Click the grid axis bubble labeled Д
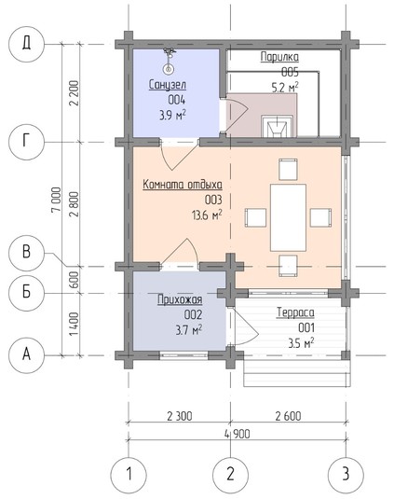26,44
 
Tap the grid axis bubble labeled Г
26,142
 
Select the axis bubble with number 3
346,474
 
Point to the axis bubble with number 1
129,474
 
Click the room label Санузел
168,85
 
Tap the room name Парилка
279,57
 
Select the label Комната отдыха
183,185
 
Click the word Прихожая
180,299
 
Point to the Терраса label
295,312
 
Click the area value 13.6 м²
207,215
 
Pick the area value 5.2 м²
285,87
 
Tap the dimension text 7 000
57,200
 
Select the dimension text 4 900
237,434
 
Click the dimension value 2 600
288,416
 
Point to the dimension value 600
74,280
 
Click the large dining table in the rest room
288,217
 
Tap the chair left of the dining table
255,217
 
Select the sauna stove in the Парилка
277,126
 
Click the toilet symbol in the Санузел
168,62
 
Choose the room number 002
193,315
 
